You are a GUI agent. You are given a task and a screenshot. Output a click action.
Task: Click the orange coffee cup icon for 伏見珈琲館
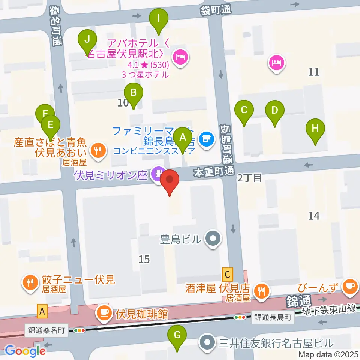click(x=102, y=312)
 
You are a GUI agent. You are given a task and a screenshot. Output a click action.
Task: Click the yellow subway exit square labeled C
click(x=228, y=274)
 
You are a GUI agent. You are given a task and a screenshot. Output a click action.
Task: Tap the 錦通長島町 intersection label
click(x=273, y=317)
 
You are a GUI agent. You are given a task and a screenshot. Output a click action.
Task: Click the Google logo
click(x=25, y=351)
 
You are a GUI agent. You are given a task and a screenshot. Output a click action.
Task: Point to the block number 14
click(x=314, y=216)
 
